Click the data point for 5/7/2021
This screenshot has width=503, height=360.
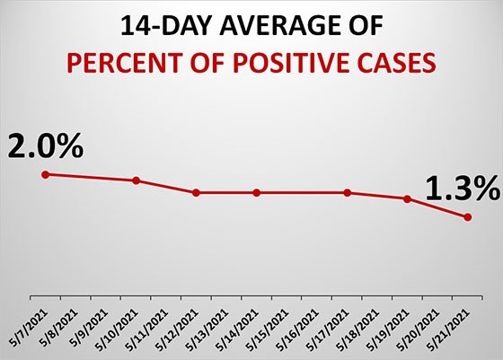(46, 174)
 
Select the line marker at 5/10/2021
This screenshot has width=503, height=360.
(136, 180)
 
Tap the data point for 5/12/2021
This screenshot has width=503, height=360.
(196, 193)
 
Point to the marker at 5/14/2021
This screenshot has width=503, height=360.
(256, 193)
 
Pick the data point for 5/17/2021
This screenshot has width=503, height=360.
(347, 193)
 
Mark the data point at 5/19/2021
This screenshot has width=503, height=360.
(407, 199)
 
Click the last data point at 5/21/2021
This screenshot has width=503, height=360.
(467, 217)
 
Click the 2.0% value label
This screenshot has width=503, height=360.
(45, 143)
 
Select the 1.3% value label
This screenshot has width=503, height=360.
(460, 188)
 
